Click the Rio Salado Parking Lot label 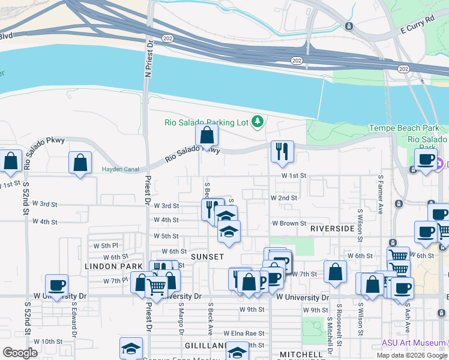click(206, 122)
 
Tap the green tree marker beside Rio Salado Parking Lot click(258, 122)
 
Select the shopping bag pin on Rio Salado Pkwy click(206, 136)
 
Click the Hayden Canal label click(120, 169)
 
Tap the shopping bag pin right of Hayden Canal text click(80, 163)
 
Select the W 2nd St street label click(284, 197)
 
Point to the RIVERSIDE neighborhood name click(332, 229)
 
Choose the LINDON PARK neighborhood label click(113, 266)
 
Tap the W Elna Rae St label click(244, 333)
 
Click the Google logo click(20, 353)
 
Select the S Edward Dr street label click(73, 323)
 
